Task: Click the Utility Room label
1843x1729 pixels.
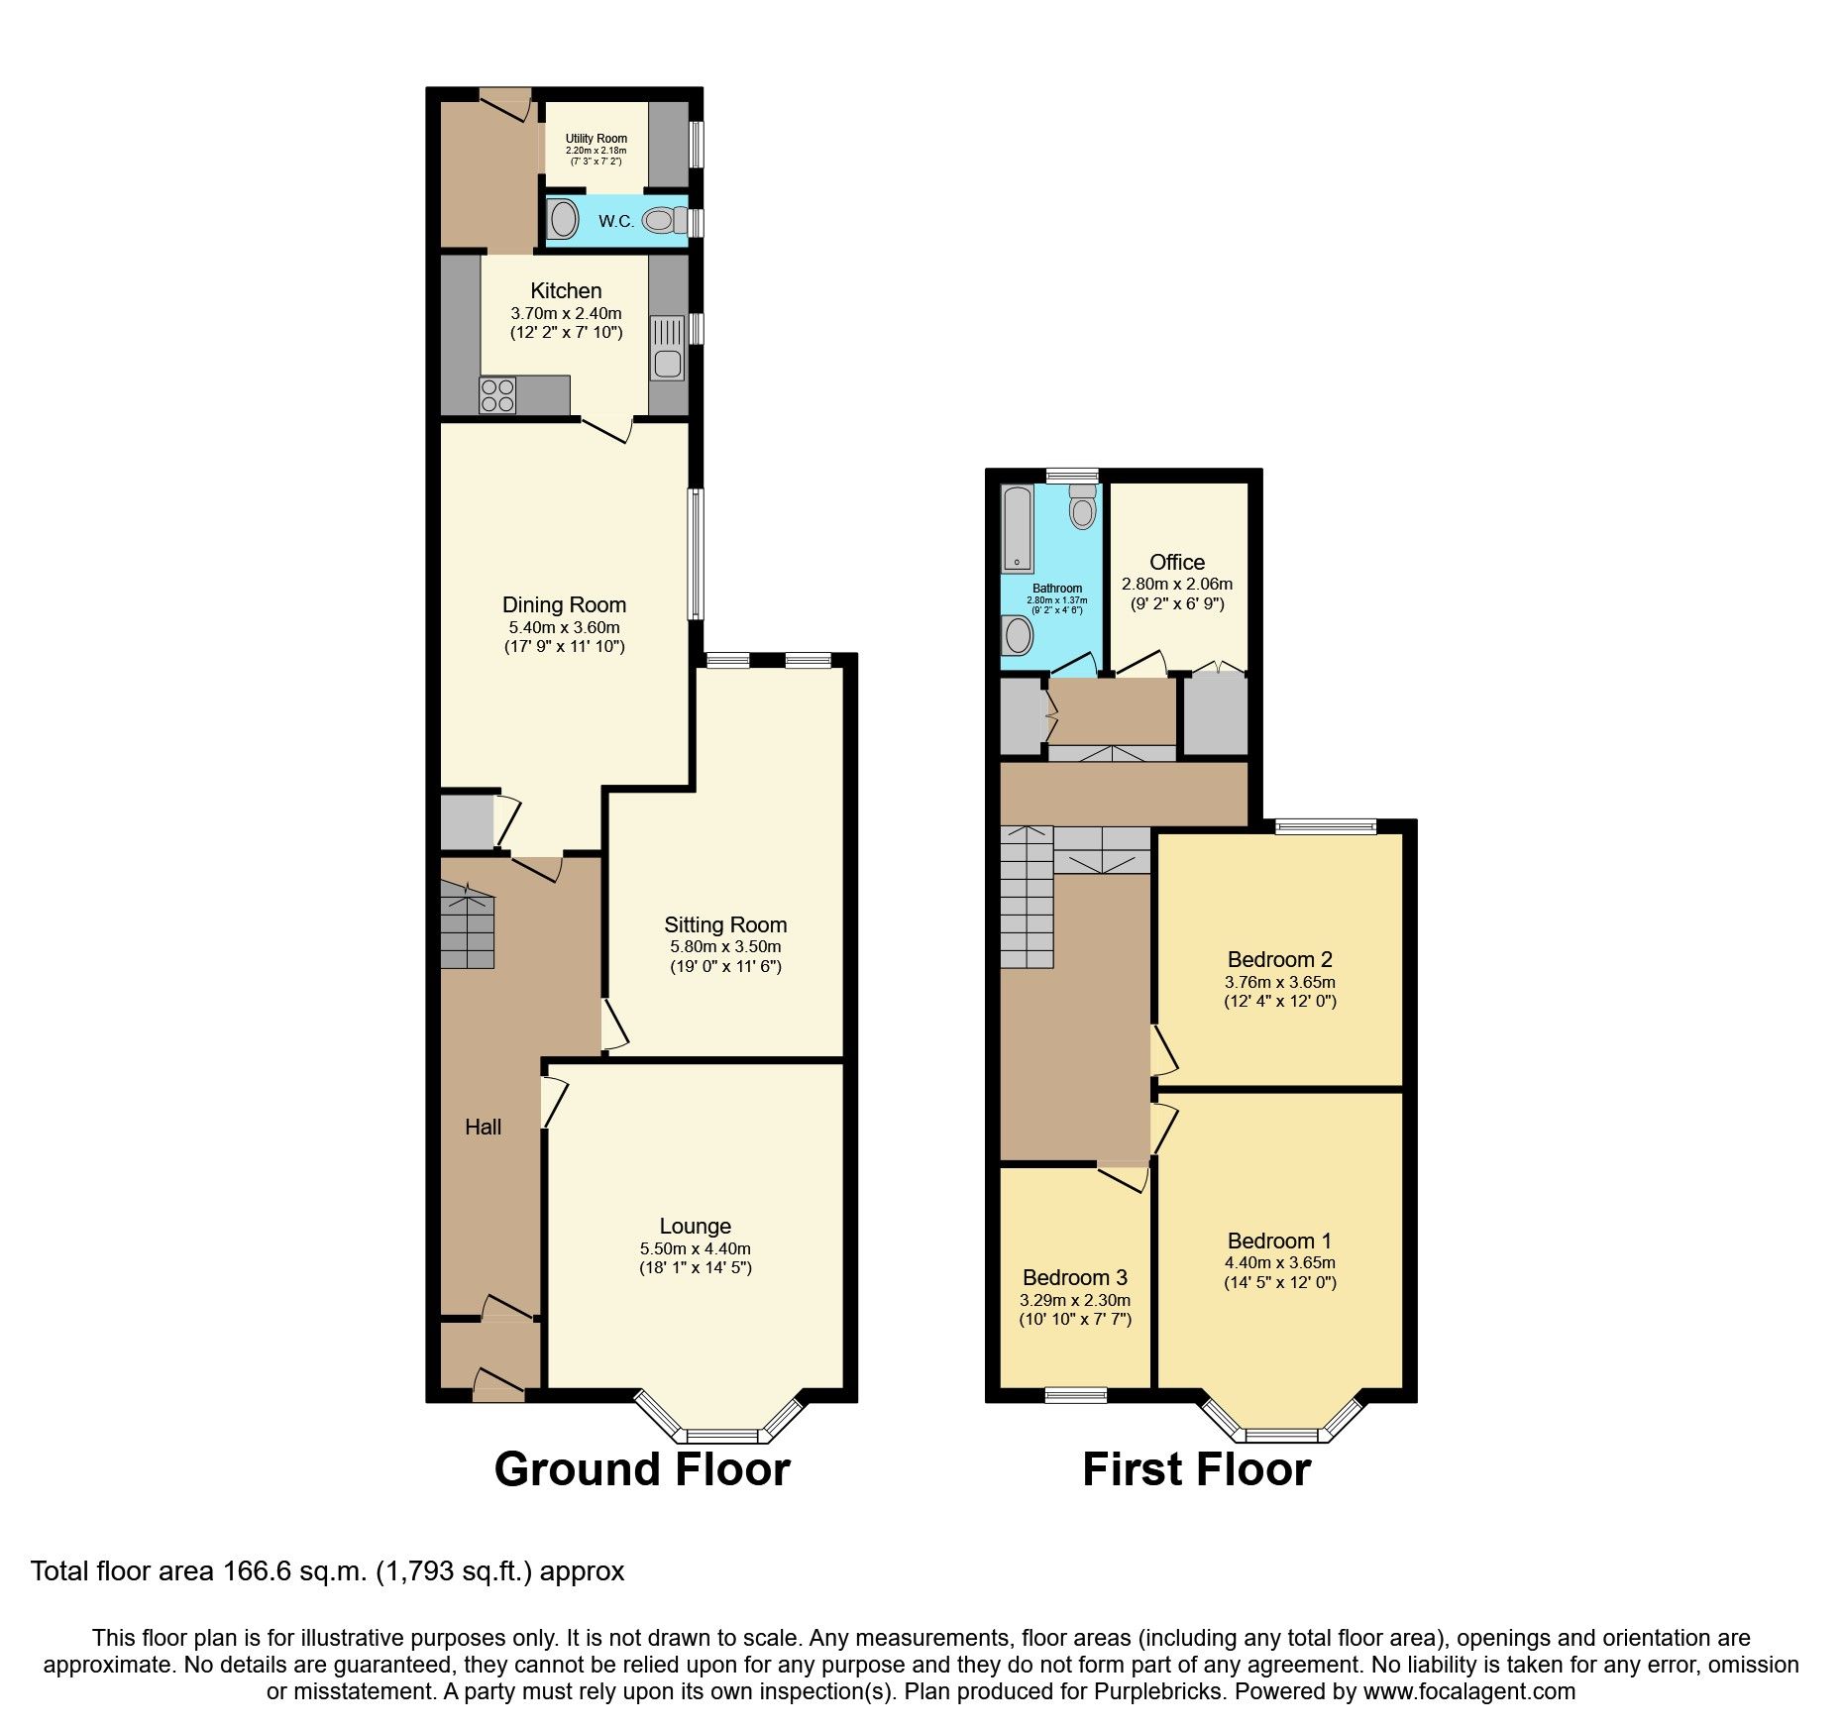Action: pyautogui.click(x=596, y=139)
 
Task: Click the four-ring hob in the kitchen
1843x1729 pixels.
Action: pyautogui.click(x=496, y=395)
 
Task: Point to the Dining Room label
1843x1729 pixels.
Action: pyautogui.click(x=564, y=604)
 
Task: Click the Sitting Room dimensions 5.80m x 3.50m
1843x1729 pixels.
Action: pyautogui.click(x=725, y=947)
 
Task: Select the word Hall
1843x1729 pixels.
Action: pyautogui.click(x=483, y=1127)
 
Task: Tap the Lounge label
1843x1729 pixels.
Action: pyautogui.click(x=695, y=1226)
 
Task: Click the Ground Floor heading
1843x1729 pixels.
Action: pyautogui.click(x=642, y=1468)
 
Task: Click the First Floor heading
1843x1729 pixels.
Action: pyautogui.click(x=1196, y=1468)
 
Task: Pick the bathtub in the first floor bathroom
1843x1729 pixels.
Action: pyautogui.click(x=1017, y=528)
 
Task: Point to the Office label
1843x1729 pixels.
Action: pyautogui.click(x=1177, y=562)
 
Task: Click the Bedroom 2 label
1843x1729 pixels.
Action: pyautogui.click(x=1279, y=959)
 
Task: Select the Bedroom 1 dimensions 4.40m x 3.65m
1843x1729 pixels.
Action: pyautogui.click(x=1279, y=1263)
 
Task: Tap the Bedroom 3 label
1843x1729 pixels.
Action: pyautogui.click(x=1075, y=1277)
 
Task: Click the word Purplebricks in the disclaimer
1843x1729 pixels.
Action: pyautogui.click(x=1158, y=1691)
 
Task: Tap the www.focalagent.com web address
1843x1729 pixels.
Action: pyautogui.click(x=1468, y=1691)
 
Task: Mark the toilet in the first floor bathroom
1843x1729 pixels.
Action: pyautogui.click(x=1083, y=508)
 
